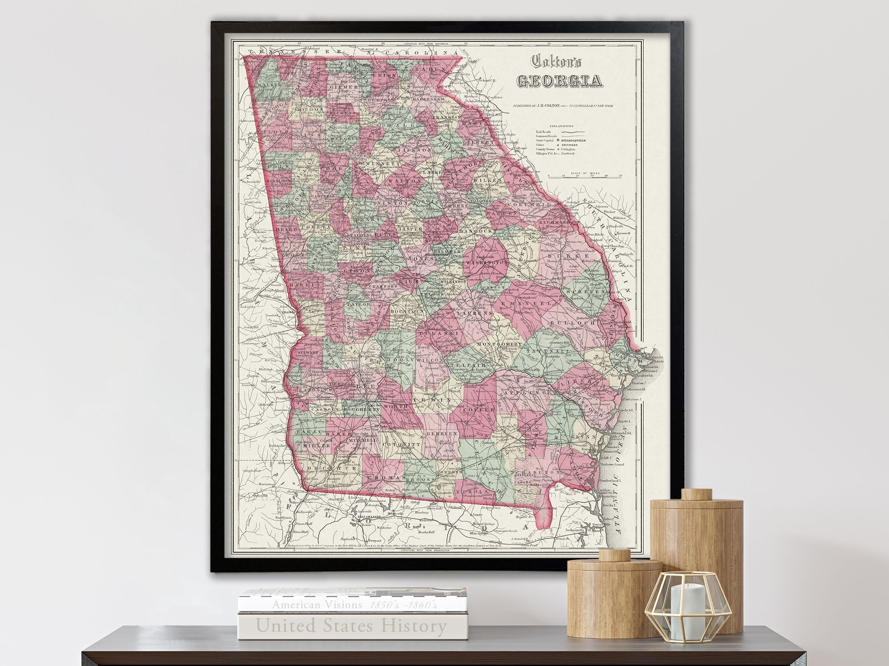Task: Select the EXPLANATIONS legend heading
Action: point(561,126)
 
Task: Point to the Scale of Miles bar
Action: point(584,174)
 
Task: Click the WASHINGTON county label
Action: point(487,263)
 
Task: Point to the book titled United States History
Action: point(351,626)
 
